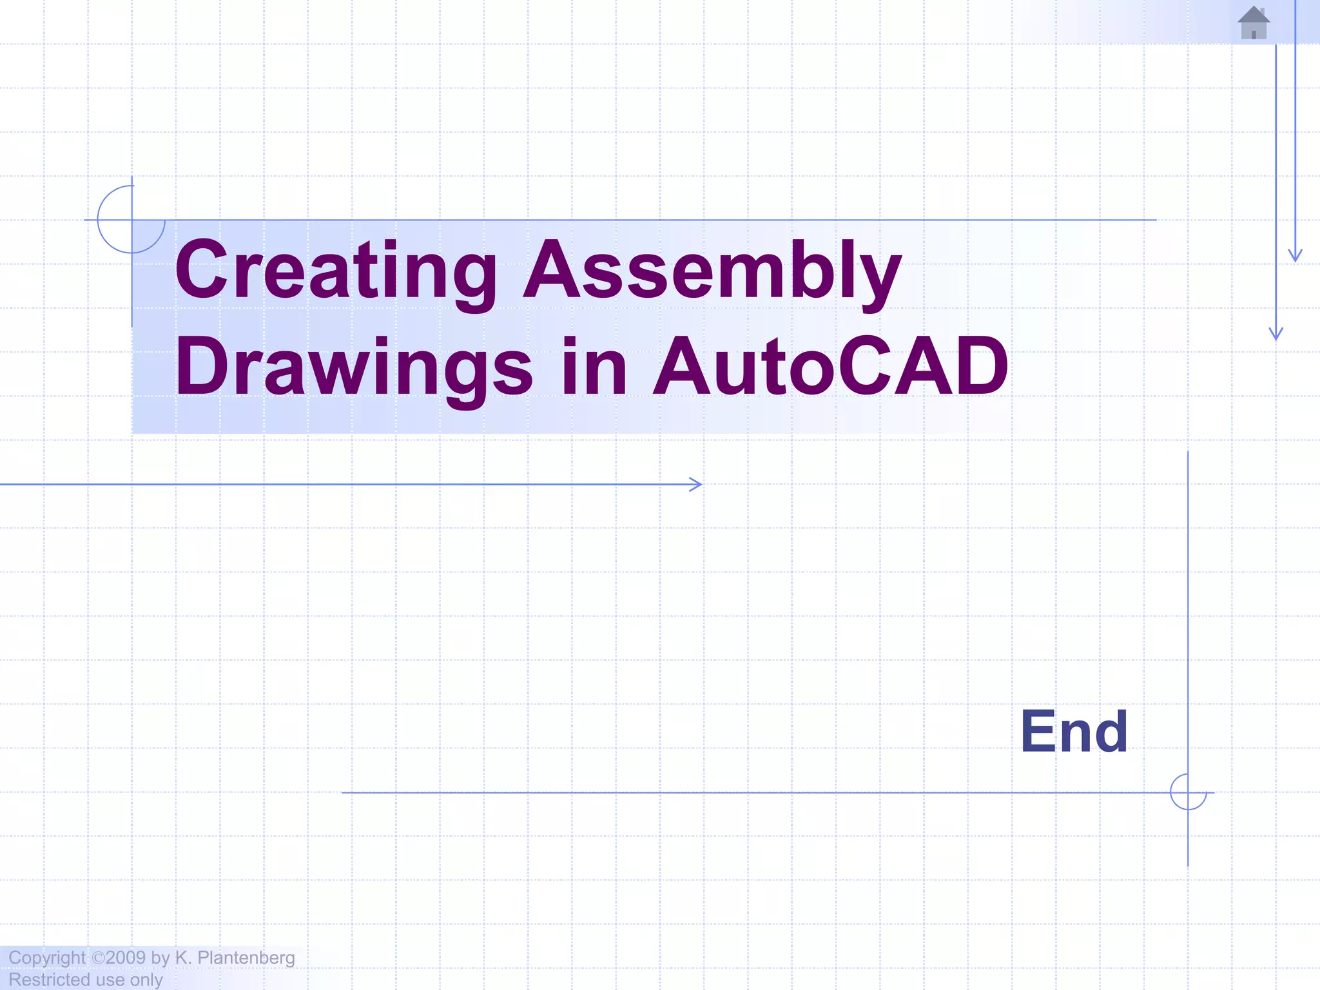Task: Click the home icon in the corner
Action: (x=1254, y=23)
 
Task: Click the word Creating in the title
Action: (x=335, y=271)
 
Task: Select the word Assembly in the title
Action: (x=712, y=271)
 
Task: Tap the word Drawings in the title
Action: (x=353, y=367)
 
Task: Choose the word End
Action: (x=1074, y=732)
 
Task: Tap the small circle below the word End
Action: (x=1188, y=792)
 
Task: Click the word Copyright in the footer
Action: (x=46, y=958)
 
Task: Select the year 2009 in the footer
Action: (x=126, y=958)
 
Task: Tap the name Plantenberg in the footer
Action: (x=246, y=958)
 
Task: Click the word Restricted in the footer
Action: (x=49, y=980)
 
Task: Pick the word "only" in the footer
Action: (x=146, y=980)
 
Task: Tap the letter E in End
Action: (x=1034, y=732)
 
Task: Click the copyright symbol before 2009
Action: (x=98, y=958)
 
